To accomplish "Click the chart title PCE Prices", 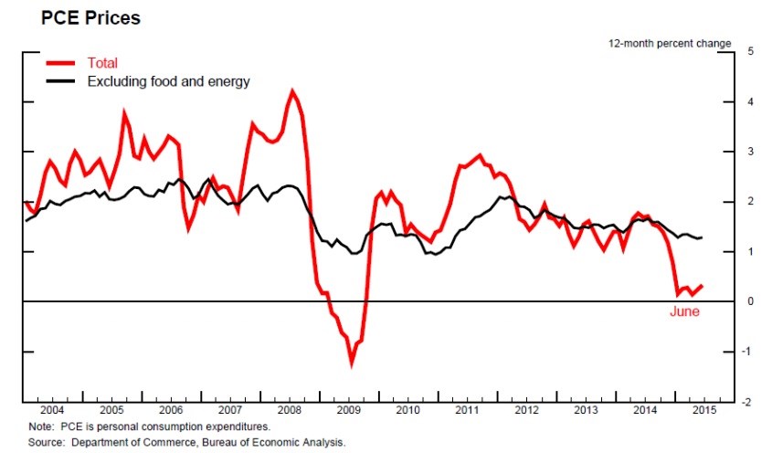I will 78,17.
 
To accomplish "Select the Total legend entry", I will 103,63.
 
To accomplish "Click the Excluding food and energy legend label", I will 168,81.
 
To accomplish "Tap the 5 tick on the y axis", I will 749,51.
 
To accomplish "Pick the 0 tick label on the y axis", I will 749,301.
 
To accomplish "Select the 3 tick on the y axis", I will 749,152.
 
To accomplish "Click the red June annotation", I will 683,312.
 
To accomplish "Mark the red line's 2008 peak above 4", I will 291,90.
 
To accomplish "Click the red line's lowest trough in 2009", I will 352,363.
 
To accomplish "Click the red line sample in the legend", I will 61,63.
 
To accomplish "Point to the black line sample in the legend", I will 61,81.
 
